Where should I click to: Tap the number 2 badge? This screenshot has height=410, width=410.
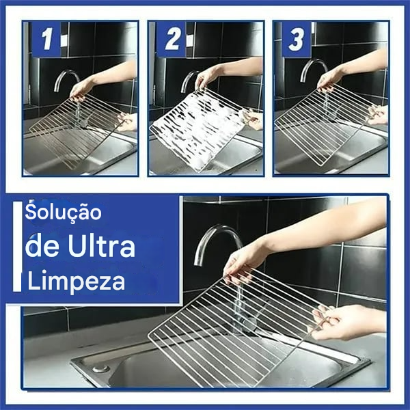[x=171, y=40]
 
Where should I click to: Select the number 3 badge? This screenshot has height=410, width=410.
[x=296, y=40]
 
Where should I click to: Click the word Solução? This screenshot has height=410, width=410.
[x=64, y=213]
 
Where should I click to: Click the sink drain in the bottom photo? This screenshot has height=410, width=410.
[x=101, y=368]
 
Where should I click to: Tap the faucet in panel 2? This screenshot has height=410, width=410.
[x=189, y=79]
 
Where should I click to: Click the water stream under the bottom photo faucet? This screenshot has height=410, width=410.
[x=238, y=301]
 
